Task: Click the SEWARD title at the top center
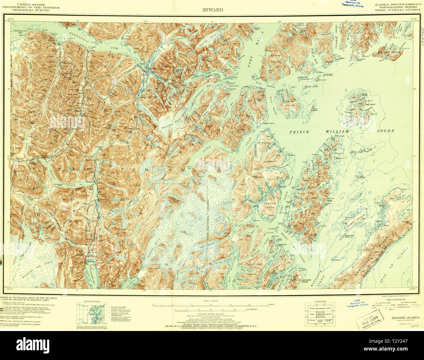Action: click(x=212, y=10)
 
